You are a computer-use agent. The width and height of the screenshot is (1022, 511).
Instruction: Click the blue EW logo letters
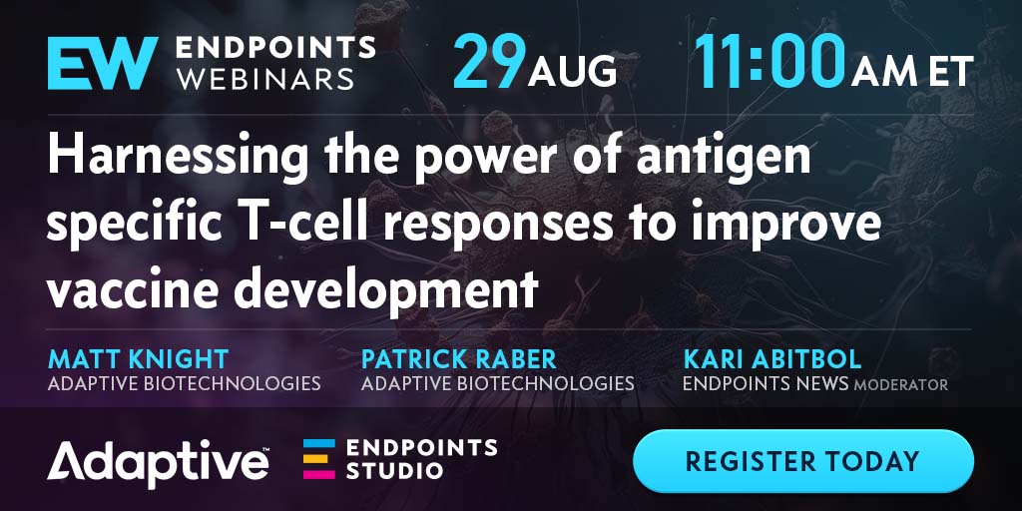103,63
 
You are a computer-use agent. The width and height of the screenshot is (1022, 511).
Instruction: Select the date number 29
489,61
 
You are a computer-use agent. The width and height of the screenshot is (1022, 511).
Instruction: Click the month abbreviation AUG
572,71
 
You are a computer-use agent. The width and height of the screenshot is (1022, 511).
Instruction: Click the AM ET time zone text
912,71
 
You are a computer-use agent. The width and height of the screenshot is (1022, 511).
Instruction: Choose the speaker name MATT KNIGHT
138,359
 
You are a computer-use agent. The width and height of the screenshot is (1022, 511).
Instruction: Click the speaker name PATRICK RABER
459,359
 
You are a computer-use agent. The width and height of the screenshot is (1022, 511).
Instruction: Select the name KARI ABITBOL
772,359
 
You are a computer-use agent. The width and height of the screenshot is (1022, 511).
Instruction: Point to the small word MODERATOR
901,385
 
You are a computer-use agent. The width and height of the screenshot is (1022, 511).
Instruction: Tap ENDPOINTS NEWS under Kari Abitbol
766,383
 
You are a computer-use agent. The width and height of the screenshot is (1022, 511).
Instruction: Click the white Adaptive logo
159,462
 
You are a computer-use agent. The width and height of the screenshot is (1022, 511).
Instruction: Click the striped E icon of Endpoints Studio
319,459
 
